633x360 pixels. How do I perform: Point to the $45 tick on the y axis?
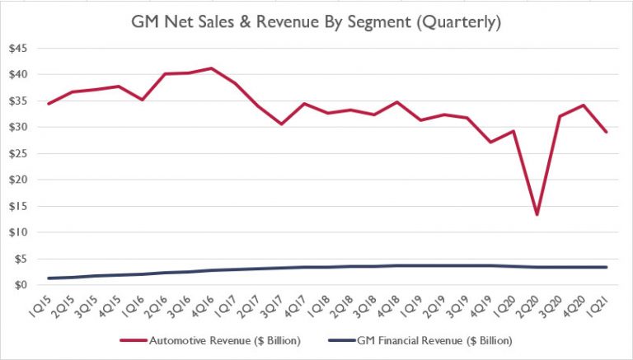(x=18, y=49)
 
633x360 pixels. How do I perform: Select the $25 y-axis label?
(x=18, y=153)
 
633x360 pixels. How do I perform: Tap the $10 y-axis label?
(x=18, y=232)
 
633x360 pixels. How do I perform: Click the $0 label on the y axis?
(x=21, y=285)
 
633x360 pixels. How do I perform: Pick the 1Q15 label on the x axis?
(x=41, y=306)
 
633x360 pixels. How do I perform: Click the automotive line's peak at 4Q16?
(x=213, y=68)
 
